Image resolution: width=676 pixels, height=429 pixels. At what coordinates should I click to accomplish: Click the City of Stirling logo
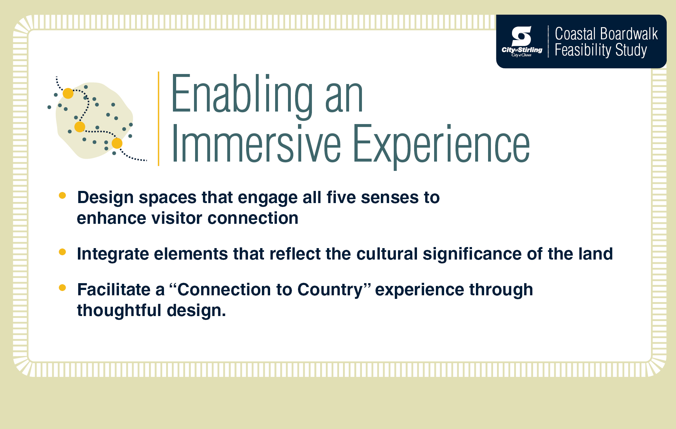tap(522, 41)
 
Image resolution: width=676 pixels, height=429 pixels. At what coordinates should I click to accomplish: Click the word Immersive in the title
tap(256, 144)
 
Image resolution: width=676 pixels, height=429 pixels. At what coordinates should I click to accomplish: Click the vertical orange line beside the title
tap(158, 119)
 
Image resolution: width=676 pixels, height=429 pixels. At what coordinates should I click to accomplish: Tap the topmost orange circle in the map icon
tap(68, 93)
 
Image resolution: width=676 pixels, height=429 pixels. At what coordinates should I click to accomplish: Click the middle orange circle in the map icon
tap(80, 127)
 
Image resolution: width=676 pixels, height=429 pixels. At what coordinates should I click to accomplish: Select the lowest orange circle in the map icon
tap(117, 143)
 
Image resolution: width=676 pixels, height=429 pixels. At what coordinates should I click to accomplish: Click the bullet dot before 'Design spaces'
tap(62, 195)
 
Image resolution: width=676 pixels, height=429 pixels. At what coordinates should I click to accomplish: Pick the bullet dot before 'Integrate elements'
tap(62, 252)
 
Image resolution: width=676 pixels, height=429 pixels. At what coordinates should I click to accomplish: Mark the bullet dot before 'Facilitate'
tap(62, 287)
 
